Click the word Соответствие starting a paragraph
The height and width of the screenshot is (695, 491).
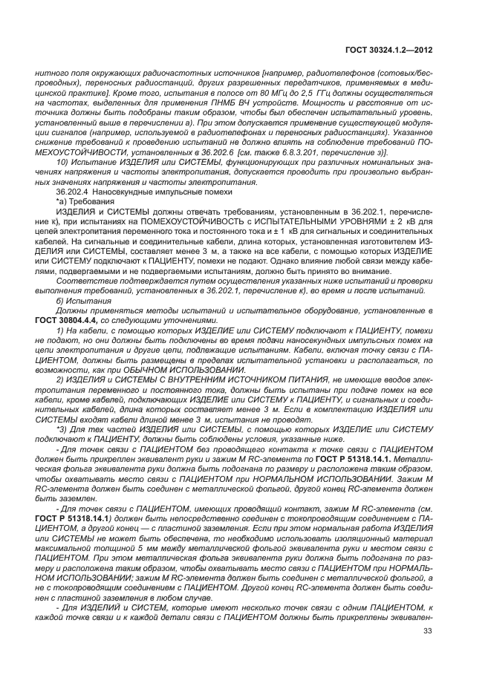click(84, 280)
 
